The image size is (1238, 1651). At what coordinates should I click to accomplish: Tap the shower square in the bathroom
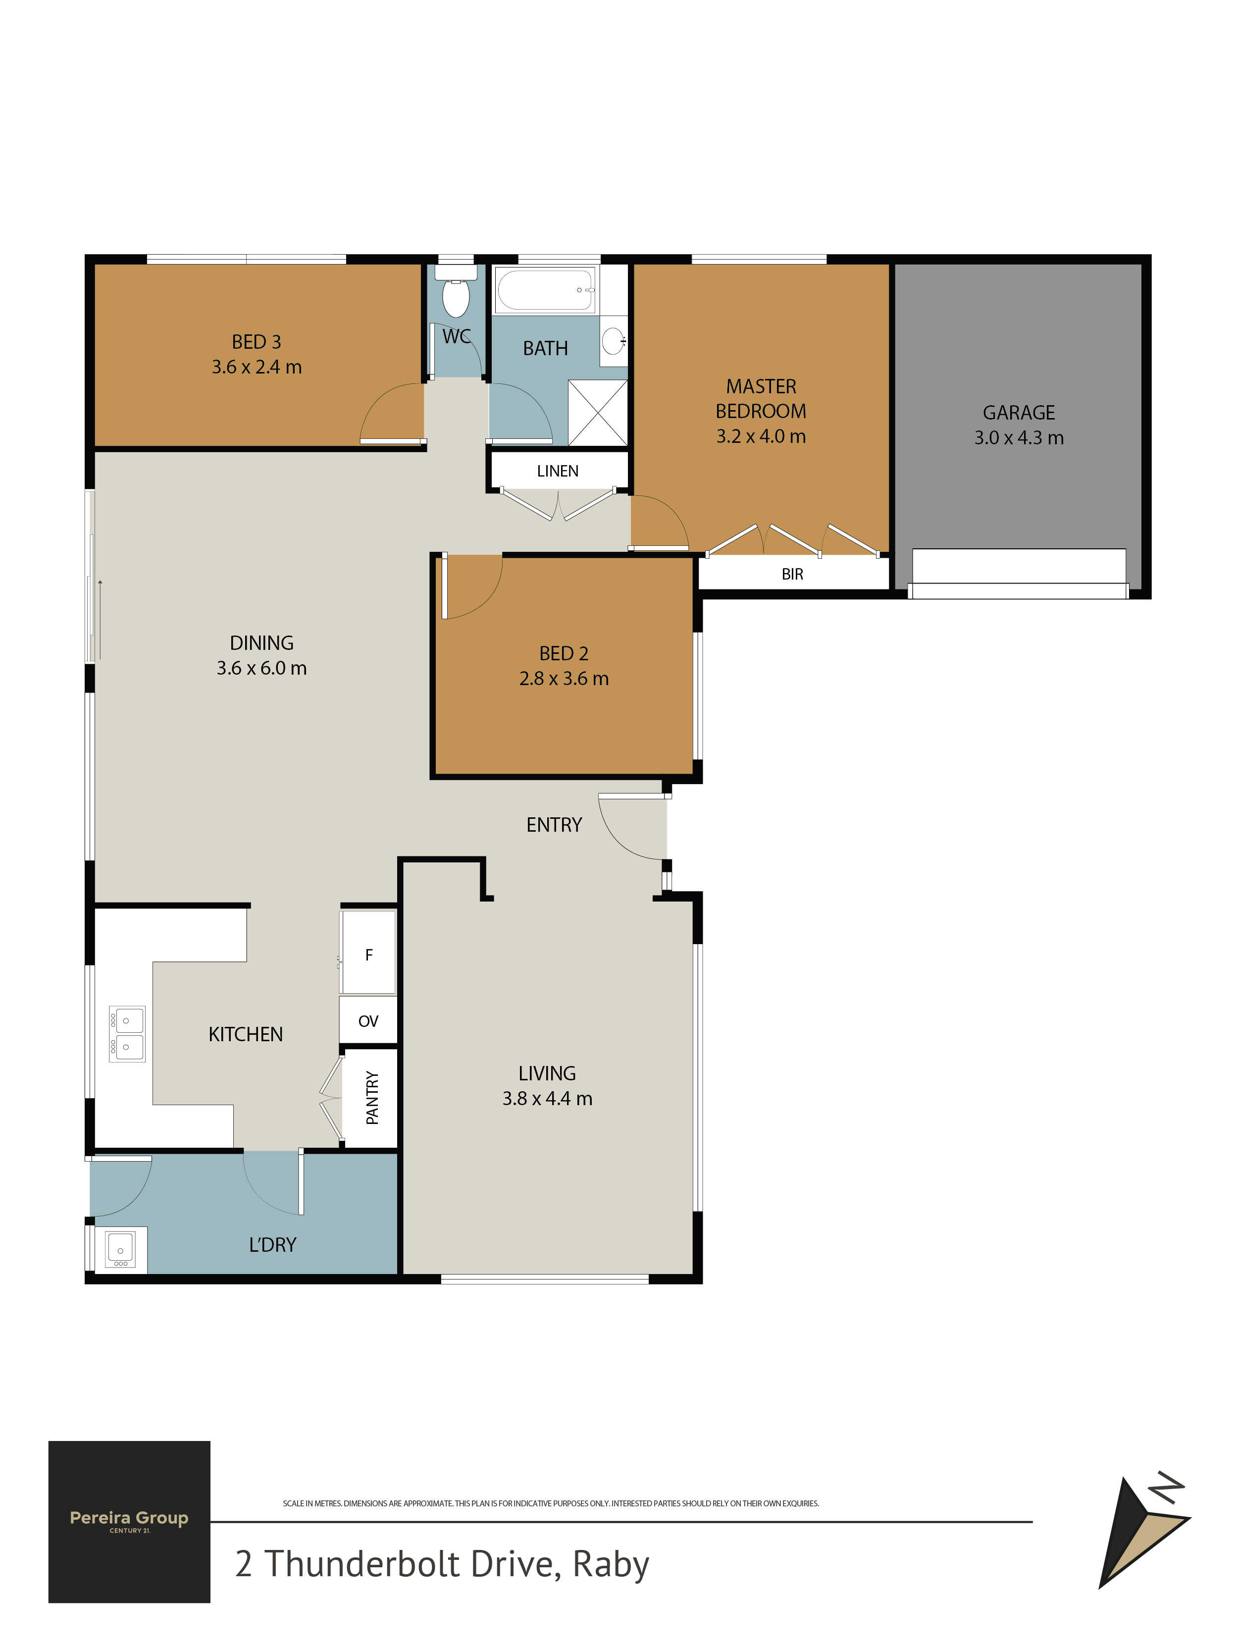click(x=598, y=413)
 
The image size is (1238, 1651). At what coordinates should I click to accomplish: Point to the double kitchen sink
click(x=127, y=1034)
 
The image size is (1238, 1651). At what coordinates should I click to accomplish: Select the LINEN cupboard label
click(x=558, y=471)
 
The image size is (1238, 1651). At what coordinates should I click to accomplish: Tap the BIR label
click(x=792, y=574)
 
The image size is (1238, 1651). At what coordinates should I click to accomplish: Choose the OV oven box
click(x=368, y=1021)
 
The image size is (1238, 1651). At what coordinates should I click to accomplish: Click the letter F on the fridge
click(x=368, y=955)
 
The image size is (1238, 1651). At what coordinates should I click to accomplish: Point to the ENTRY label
click(x=554, y=825)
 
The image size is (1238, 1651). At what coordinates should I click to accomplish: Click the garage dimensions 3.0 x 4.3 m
click(x=1019, y=438)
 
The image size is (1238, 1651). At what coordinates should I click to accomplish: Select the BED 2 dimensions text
click(x=564, y=679)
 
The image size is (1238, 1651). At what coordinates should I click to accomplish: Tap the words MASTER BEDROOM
click(x=761, y=399)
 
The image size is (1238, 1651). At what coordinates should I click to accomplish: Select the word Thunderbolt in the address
click(x=362, y=1564)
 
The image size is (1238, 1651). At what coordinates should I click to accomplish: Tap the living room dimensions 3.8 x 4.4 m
click(x=548, y=1099)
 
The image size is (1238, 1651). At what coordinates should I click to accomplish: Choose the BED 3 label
click(x=257, y=342)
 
